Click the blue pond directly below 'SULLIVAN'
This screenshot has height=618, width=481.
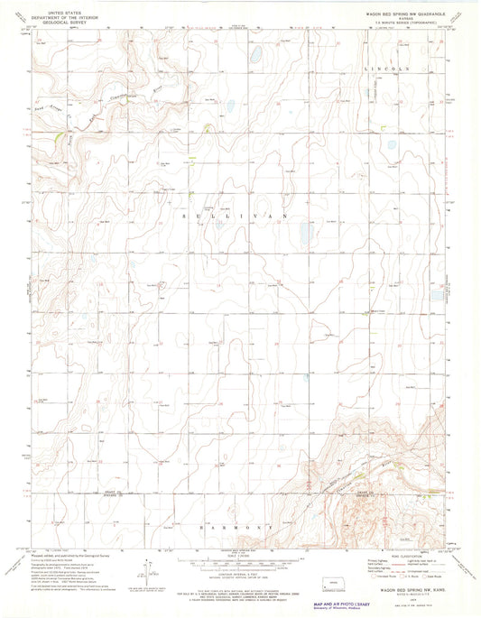(304, 236)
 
